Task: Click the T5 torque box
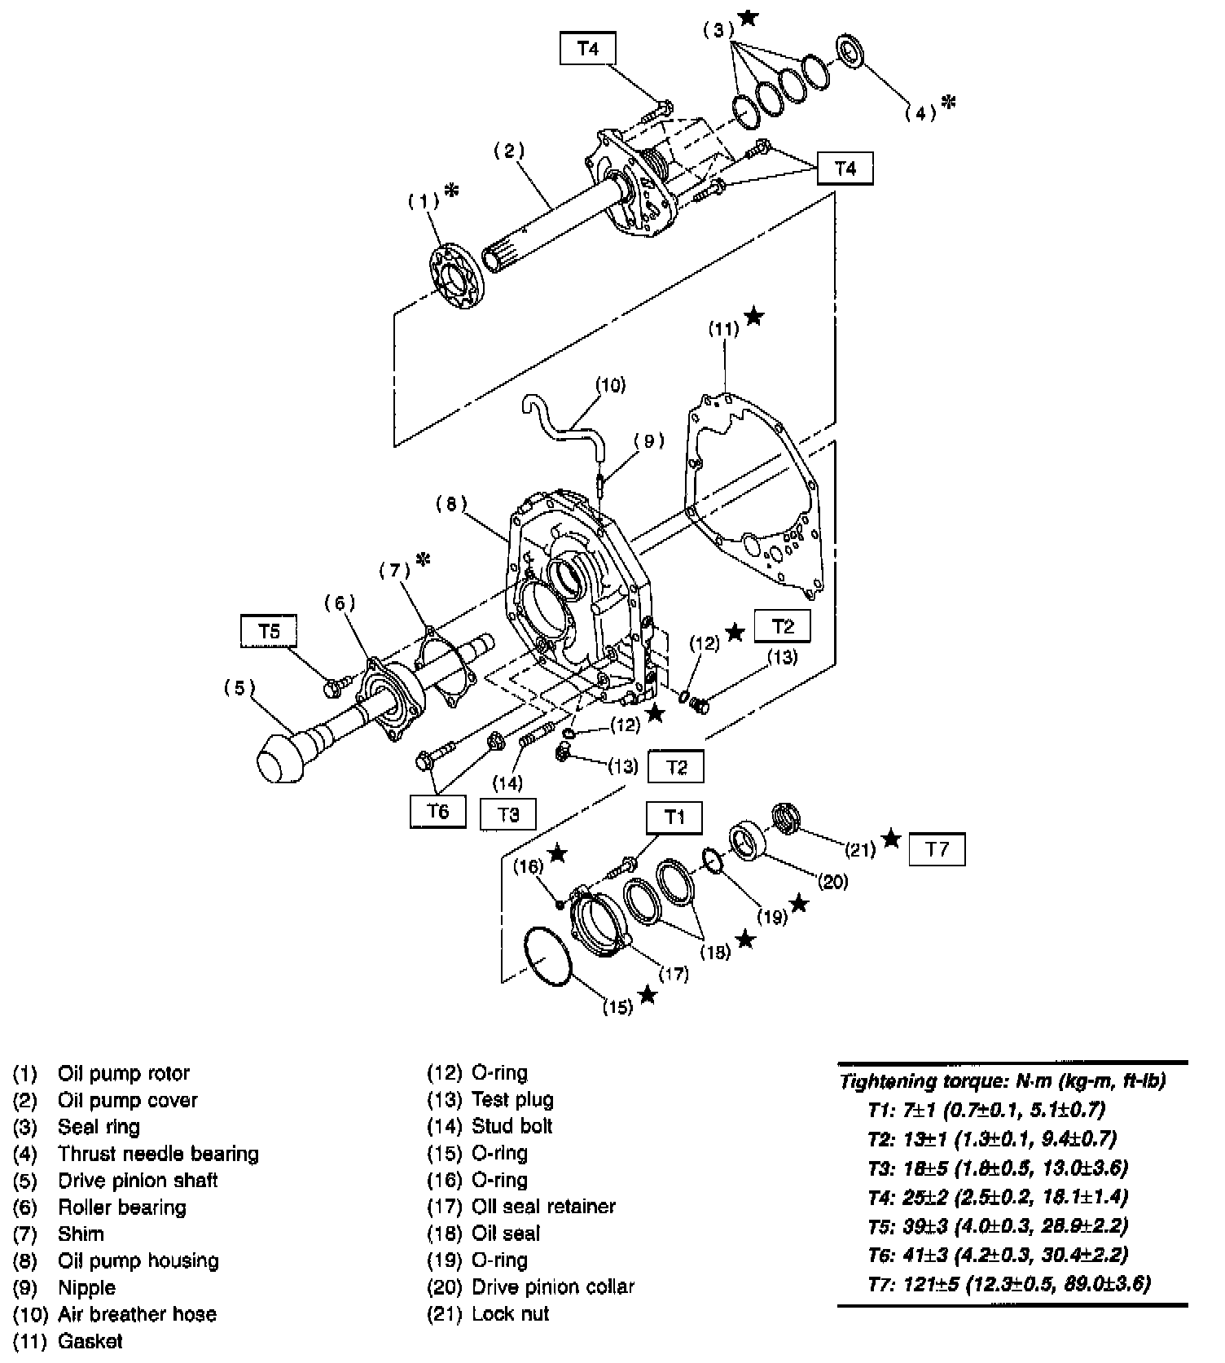269,631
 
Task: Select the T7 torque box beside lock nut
937,849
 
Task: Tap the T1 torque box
674,817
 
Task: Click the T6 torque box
438,811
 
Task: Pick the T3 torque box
508,813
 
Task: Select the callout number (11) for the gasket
723,329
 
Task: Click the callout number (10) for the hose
610,384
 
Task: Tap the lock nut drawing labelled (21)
784,817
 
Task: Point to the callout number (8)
451,504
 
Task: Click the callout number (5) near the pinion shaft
239,688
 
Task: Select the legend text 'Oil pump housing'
138,1260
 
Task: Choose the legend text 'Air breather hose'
137,1313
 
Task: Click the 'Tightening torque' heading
1002,1080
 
